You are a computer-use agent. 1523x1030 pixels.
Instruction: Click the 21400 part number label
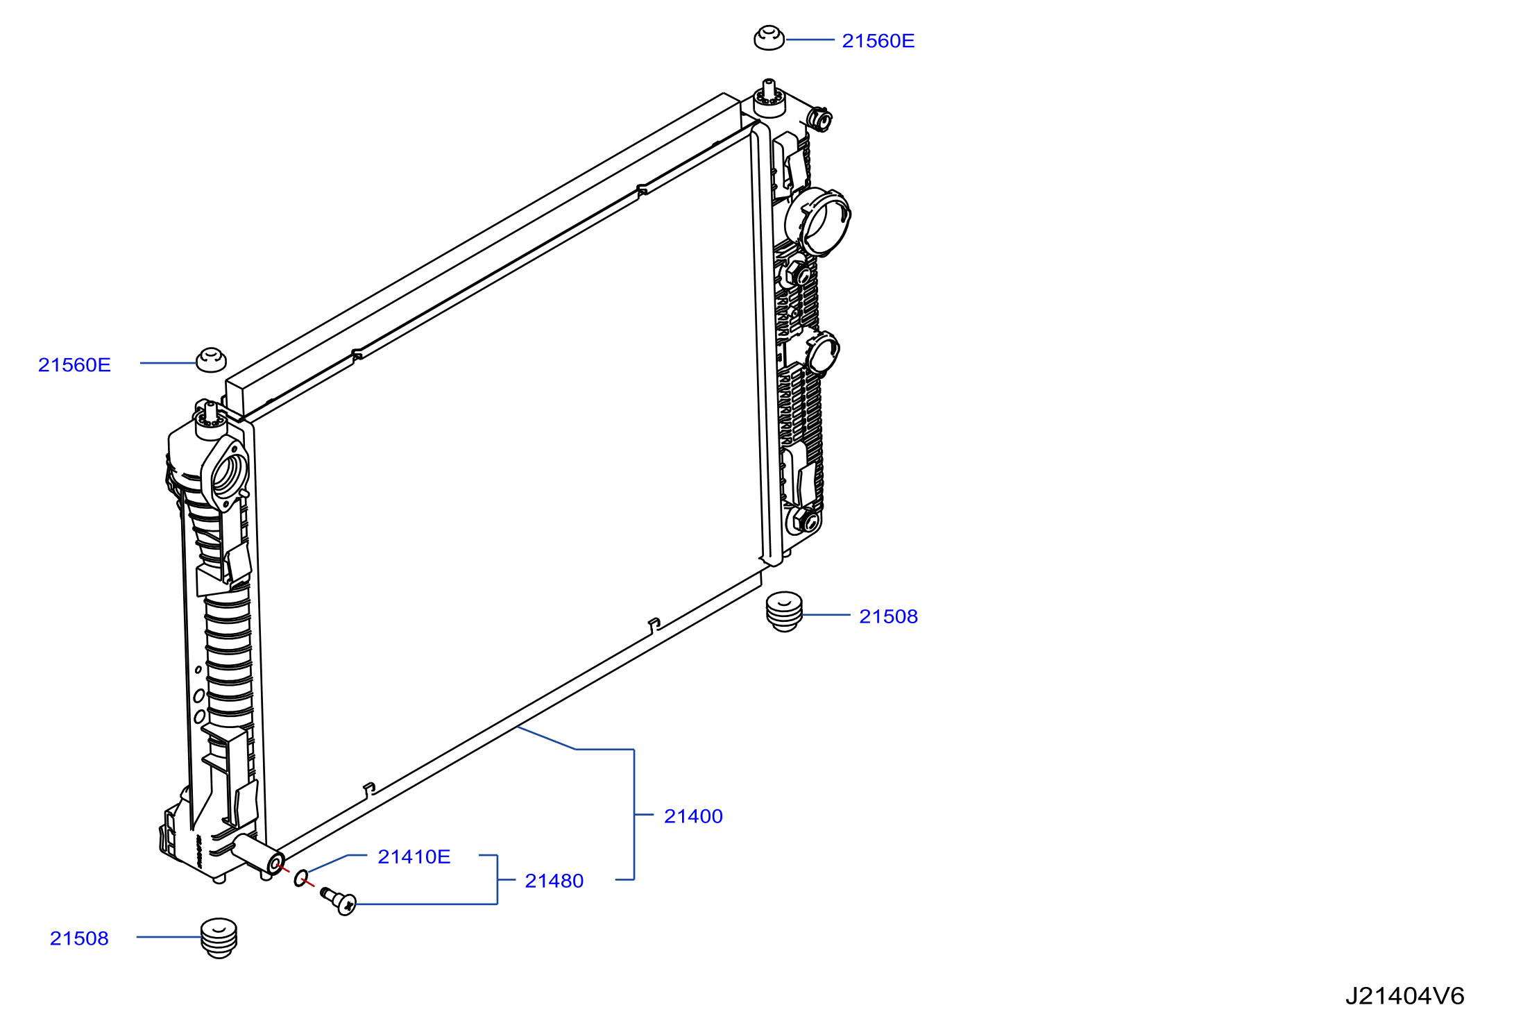[x=693, y=816]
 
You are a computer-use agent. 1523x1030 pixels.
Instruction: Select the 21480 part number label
[x=554, y=881]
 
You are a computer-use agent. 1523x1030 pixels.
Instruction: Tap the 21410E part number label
[x=414, y=856]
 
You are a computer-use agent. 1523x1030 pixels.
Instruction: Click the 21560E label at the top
[x=878, y=41]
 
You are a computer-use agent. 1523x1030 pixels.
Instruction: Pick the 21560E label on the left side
[x=74, y=365]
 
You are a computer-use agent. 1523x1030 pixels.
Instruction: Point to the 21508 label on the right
[x=888, y=616]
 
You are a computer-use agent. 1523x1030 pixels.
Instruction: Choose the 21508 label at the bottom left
[x=79, y=938]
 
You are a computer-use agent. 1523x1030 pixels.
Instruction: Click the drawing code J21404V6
[x=1404, y=997]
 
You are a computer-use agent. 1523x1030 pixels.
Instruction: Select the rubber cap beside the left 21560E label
[x=211, y=360]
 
